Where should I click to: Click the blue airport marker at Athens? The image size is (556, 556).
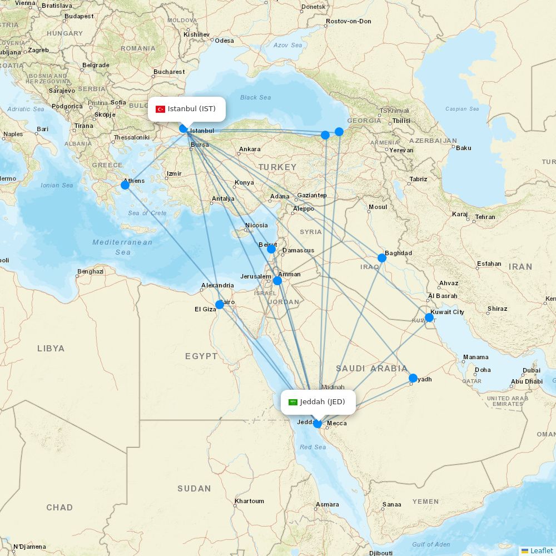click(125, 185)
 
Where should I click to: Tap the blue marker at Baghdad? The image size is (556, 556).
click(382, 258)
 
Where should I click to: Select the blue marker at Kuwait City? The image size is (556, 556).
click(429, 317)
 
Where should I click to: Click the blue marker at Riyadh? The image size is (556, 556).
click(413, 378)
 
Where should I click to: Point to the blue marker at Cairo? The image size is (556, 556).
click(220, 305)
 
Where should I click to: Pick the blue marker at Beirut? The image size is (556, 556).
click(271, 249)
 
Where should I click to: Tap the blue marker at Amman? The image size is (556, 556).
click(277, 281)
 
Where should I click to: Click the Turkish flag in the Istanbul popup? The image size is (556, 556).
click(160, 109)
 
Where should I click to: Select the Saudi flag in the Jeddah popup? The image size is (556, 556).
click(292, 402)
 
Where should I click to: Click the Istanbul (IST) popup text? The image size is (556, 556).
click(192, 109)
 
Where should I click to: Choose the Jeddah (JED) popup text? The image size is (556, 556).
click(322, 402)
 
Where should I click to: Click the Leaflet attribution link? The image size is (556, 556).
click(541, 550)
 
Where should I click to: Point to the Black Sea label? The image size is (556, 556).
click(256, 98)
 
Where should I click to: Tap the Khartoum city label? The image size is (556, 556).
click(249, 501)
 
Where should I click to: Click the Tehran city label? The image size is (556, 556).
click(485, 217)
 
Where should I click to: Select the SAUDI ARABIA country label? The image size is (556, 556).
click(371, 369)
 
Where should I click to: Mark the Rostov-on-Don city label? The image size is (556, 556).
click(349, 21)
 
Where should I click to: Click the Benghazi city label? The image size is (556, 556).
click(90, 271)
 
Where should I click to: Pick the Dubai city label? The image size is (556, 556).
click(531, 370)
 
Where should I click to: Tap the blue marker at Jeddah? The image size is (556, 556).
click(317, 424)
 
